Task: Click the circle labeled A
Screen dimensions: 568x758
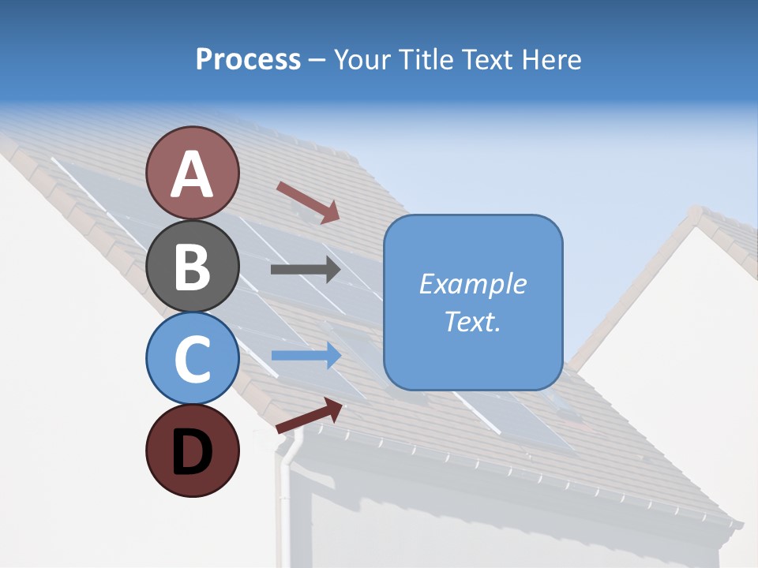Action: [192, 173]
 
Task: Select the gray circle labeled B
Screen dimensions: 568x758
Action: [192, 266]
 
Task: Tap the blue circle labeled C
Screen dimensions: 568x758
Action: [192, 358]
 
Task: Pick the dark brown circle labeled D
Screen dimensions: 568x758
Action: [192, 450]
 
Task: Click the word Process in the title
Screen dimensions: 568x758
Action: [248, 60]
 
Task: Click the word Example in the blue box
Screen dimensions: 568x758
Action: [472, 284]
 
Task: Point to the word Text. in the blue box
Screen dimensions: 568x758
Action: [472, 322]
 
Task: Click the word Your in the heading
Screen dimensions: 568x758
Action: [361, 60]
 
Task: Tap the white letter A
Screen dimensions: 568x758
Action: [192, 174]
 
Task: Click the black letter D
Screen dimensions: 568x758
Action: [192, 452]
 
